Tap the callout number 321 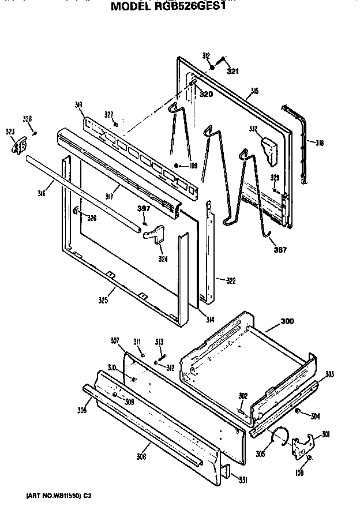click(232, 72)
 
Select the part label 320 click(206, 94)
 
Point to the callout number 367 click(279, 250)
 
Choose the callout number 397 click(143, 208)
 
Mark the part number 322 click(230, 280)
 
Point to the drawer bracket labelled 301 click(303, 444)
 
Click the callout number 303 click(329, 375)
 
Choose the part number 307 click(115, 341)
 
